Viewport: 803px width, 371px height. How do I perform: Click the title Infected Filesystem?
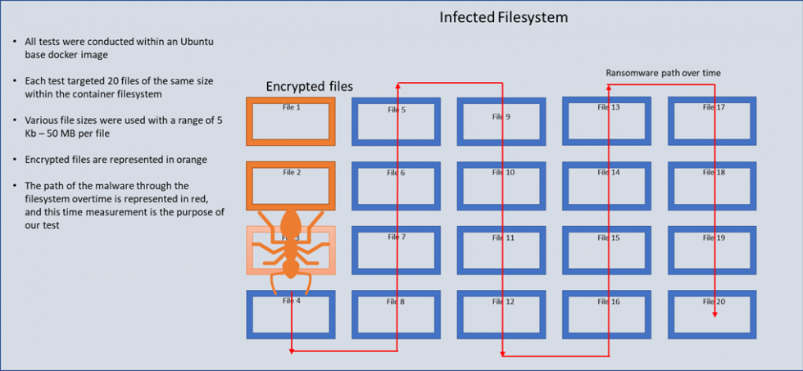pyautogui.click(x=503, y=17)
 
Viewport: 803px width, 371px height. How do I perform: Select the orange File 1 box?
pyautogui.click(x=291, y=121)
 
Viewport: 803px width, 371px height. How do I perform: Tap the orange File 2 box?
pyautogui.click(x=291, y=184)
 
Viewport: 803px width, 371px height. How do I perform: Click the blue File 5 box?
pyautogui.click(x=397, y=121)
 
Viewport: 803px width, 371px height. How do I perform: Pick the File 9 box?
pyautogui.click(x=501, y=121)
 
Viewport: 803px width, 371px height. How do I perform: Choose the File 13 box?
pyautogui.click(x=607, y=121)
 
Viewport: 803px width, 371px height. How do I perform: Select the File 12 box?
pyautogui.click(x=501, y=314)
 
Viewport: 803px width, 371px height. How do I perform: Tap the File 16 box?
pyautogui.click(x=607, y=314)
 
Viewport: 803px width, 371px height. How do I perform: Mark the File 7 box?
pyautogui.click(x=397, y=250)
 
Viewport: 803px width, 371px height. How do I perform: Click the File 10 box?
pyautogui.click(x=501, y=185)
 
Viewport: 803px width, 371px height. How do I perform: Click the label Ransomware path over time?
pyautogui.click(x=663, y=73)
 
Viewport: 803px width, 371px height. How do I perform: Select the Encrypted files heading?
pyautogui.click(x=309, y=87)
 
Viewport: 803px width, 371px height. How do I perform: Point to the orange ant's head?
pyautogui.click(x=291, y=221)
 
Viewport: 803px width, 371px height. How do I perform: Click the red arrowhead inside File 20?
pyautogui.click(x=715, y=314)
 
